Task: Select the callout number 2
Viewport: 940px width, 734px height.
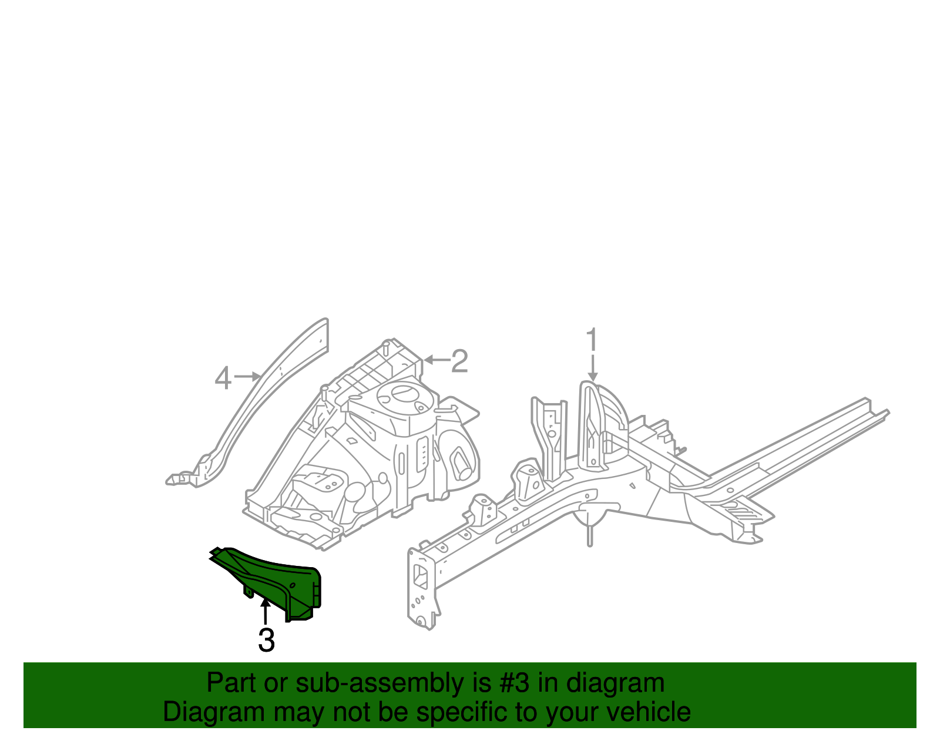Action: tap(459, 361)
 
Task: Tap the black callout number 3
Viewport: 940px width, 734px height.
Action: tap(266, 640)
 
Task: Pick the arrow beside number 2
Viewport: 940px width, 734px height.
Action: tap(435, 360)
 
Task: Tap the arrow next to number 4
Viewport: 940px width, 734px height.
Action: tap(247, 376)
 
